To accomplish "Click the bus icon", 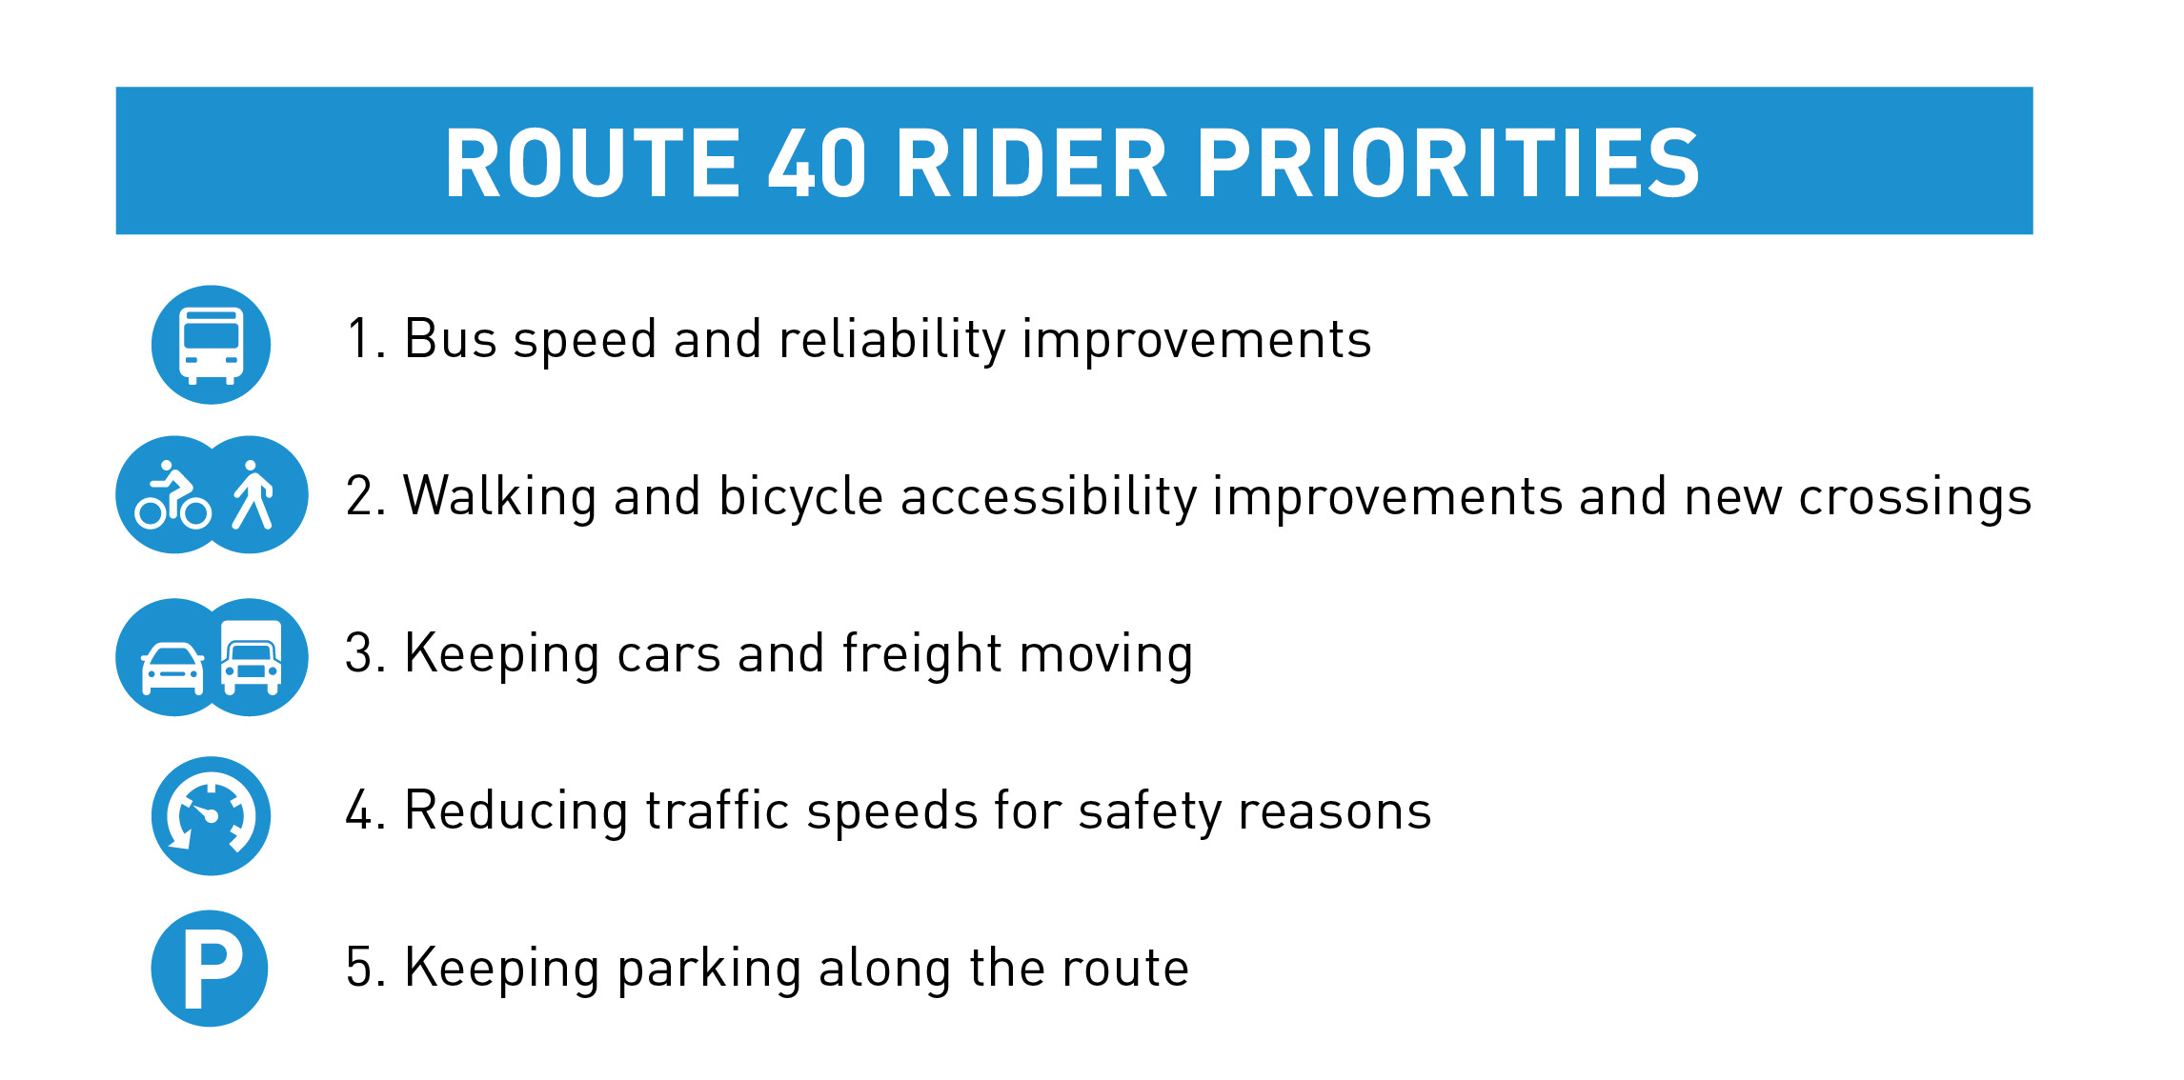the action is point(211,345).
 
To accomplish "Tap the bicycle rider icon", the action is point(172,495).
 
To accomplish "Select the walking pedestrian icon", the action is point(253,494).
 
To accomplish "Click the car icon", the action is point(172,669).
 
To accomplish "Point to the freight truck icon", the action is point(252,657).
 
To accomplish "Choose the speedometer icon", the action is point(211,816).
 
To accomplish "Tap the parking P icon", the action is point(212,969).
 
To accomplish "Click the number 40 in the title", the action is point(818,164).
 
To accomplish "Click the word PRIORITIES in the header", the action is point(1448,164).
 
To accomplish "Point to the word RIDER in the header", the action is point(1032,164).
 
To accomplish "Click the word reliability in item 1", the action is point(892,340).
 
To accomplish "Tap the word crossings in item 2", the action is point(1915,498).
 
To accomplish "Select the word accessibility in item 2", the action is point(1048,498).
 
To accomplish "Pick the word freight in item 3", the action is point(923,655).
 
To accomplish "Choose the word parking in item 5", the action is point(709,970).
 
